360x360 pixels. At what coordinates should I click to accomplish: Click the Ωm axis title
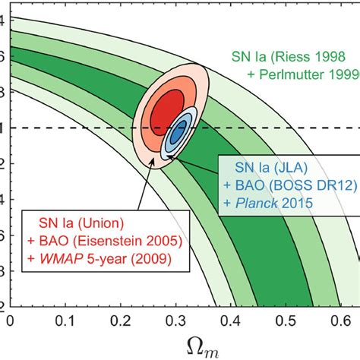click(183, 345)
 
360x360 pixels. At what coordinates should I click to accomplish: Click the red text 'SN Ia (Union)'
click(75, 226)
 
